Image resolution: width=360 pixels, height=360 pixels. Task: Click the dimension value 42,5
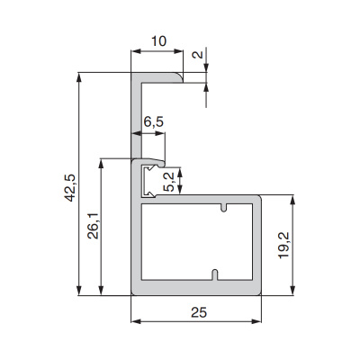(70, 188)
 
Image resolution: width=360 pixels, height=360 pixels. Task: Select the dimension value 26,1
(93, 226)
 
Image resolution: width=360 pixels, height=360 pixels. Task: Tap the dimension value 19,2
(283, 245)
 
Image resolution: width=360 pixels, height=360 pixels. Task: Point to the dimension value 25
(199, 312)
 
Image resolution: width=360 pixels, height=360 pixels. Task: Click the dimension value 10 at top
(158, 41)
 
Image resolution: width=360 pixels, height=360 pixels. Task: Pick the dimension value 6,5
(153, 121)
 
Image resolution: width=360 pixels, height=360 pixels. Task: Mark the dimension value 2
(198, 55)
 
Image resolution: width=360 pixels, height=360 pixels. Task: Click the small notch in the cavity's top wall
(223, 208)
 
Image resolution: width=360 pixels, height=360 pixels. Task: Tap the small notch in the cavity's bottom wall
(215, 274)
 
